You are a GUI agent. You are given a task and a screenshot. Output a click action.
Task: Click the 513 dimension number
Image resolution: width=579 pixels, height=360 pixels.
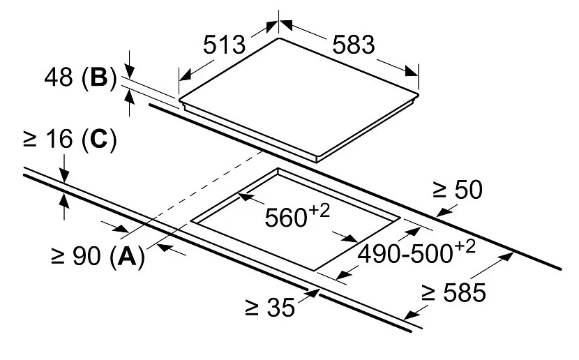(x=224, y=45)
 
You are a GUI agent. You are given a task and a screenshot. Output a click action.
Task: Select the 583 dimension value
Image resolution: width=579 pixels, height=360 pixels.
(x=354, y=45)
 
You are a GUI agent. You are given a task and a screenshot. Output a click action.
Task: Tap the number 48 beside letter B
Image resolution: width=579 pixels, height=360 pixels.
(x=58, y=77)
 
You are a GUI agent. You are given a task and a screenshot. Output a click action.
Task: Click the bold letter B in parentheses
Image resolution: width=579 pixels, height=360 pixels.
(x=99, y=77)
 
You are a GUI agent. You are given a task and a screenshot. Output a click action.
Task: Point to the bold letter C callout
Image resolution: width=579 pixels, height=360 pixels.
(x=99, y=140)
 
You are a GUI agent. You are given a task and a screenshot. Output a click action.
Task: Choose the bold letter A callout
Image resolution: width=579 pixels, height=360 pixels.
(x=127, y=255)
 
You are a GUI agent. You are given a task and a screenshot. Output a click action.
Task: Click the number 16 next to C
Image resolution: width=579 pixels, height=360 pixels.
(x=59, y=140)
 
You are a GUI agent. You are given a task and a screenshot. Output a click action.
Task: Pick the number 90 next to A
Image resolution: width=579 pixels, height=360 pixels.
(x=87, y=255)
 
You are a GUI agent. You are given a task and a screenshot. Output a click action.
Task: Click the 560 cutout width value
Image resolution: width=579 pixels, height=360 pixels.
(x=286, y=218)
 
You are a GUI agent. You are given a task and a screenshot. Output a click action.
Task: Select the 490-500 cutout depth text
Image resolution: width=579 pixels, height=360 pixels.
(x=405, y=254)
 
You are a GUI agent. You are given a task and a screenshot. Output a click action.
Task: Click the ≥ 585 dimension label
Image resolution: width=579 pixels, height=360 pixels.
(x=454, y=293)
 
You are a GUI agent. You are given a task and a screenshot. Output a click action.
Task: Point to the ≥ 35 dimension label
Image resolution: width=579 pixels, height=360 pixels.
(x=270, y=307)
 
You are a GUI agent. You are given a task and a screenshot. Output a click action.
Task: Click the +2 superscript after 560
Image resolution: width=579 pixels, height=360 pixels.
(x=319, y=211)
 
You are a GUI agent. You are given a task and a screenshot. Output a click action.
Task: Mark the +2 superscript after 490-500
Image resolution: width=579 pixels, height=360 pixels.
(x=465, y=247)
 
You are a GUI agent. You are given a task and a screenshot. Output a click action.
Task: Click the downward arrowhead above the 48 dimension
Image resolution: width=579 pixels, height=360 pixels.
(x=129, y=71)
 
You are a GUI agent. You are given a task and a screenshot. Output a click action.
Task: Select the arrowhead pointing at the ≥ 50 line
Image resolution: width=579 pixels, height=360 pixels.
(x=443, y=212)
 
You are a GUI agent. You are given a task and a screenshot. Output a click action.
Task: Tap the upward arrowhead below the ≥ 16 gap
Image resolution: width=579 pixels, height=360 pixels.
(x=64, y=200)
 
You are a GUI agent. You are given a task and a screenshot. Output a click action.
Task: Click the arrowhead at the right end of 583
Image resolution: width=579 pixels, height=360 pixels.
(x=411, y=71)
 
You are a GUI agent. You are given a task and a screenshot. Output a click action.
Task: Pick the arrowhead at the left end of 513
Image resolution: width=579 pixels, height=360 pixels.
(x=186, y=75)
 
